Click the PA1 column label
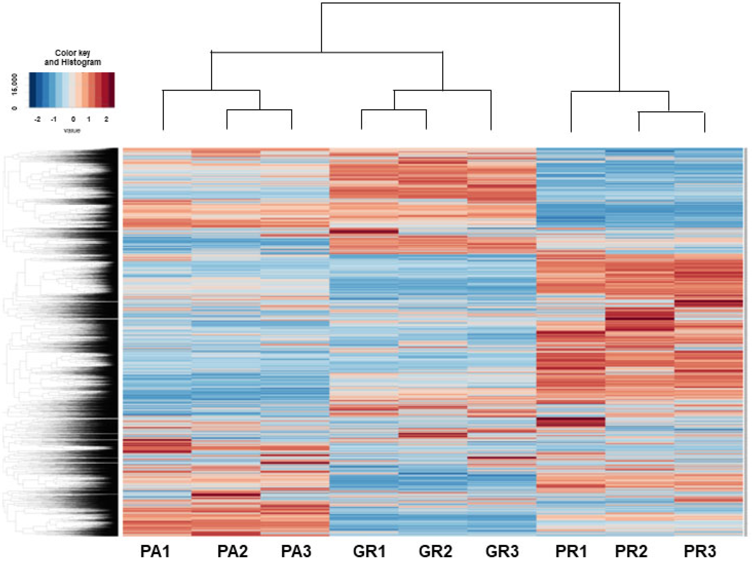click(155, 551)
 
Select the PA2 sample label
click(232, 551)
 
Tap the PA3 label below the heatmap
click(296, 551)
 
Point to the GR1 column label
click(369, 551)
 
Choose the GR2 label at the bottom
click(435, 551)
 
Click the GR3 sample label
click(502, 551)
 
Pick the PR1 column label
click(571, 551)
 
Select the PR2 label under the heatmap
click(631, 551)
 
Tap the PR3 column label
click(700, 551)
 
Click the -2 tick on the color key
click(38, 119)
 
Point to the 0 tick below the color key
click(73, 119)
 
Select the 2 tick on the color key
click(106, 119)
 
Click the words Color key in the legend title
click(72, 53)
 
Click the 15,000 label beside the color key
click(15, 84)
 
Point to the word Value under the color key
click(72, 130)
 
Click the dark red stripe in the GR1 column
click(364, 231)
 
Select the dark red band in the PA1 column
click(157, 446)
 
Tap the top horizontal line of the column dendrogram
click(470, 3)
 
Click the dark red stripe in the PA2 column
click(226, 495)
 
